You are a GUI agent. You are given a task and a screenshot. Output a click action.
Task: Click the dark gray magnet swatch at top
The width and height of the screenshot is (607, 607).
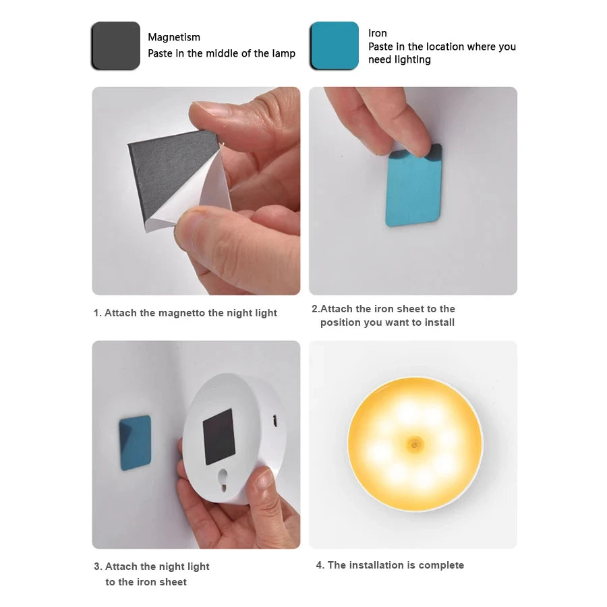(x=115, y=45)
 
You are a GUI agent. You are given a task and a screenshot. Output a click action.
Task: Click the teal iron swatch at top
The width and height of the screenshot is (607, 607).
(x=334, y=45)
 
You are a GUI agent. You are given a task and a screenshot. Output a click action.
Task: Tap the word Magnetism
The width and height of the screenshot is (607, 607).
(x=174, y=37)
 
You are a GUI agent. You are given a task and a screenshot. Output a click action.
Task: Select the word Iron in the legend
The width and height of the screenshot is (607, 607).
(x=378, y=33)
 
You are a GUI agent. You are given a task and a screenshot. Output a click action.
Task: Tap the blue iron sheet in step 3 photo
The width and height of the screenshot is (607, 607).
(x=135, y=442)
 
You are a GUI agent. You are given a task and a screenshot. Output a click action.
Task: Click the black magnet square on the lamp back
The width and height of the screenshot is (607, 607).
(x=219, y=436)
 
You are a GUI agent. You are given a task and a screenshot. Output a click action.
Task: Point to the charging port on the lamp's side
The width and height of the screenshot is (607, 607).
(x=275, y=420)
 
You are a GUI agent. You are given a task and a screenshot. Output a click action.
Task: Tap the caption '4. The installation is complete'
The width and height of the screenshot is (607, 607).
(x=390, y=565)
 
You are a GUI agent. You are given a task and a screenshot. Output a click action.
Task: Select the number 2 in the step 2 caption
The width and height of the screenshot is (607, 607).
(x=314, y=309)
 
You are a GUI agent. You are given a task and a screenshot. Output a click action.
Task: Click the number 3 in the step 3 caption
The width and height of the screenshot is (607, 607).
(x=97, y=567)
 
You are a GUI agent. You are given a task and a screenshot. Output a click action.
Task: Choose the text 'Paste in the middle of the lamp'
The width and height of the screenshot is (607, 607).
(x=221, y=53)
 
